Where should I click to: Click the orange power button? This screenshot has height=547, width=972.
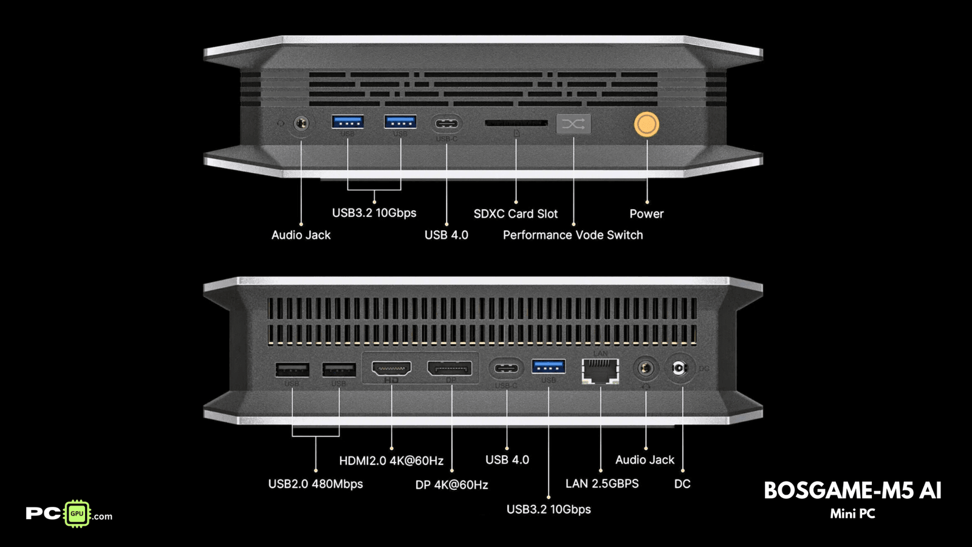click(x=646, y=125)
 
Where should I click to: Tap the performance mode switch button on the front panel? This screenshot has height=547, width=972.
click(x=573, y=124)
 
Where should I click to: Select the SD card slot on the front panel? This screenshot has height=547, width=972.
click(x=516, y=123)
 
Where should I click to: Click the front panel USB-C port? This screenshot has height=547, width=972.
click(x=447, y=124)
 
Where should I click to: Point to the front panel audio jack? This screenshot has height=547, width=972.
click(x=301, y=124)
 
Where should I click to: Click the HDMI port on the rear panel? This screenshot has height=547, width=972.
click(x=391, y=368)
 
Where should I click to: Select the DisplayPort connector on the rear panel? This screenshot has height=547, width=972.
click(x=450, y=368)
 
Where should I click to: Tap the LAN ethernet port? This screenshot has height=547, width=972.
click(x=600, y=370)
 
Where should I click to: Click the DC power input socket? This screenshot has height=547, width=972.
click(x=679, y=368)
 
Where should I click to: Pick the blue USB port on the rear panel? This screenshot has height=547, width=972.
click(x=549, y=366)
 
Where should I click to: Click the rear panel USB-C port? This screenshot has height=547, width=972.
click(x=507, y=368)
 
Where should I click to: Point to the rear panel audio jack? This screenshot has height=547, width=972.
click(x=645, y=368)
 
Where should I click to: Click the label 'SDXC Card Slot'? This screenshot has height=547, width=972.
click(x=516, y=214)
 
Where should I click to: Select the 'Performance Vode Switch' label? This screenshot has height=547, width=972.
click(x=573, y=235)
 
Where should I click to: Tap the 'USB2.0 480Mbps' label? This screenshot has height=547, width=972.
click(x=315, y=484)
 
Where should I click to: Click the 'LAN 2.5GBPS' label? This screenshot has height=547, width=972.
click(x=602, y=484)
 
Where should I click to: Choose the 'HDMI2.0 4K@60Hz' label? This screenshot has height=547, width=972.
click(x=391, y=461)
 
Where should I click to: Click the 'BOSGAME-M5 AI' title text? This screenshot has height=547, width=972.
click(x=852, y=490)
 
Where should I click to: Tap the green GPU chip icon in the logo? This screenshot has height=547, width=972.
click(x=77, y=514)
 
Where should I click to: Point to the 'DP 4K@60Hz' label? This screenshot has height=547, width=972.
click(x=451, y=485)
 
